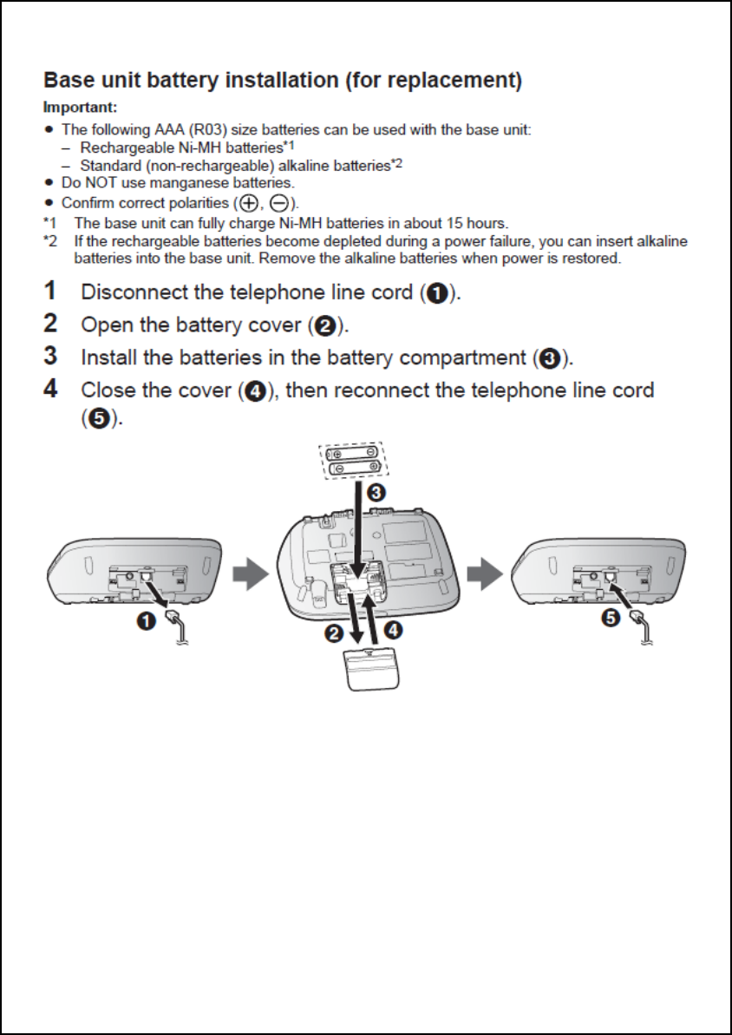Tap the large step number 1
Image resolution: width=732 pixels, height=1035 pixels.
51,292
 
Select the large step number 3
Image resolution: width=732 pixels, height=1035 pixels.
51,356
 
